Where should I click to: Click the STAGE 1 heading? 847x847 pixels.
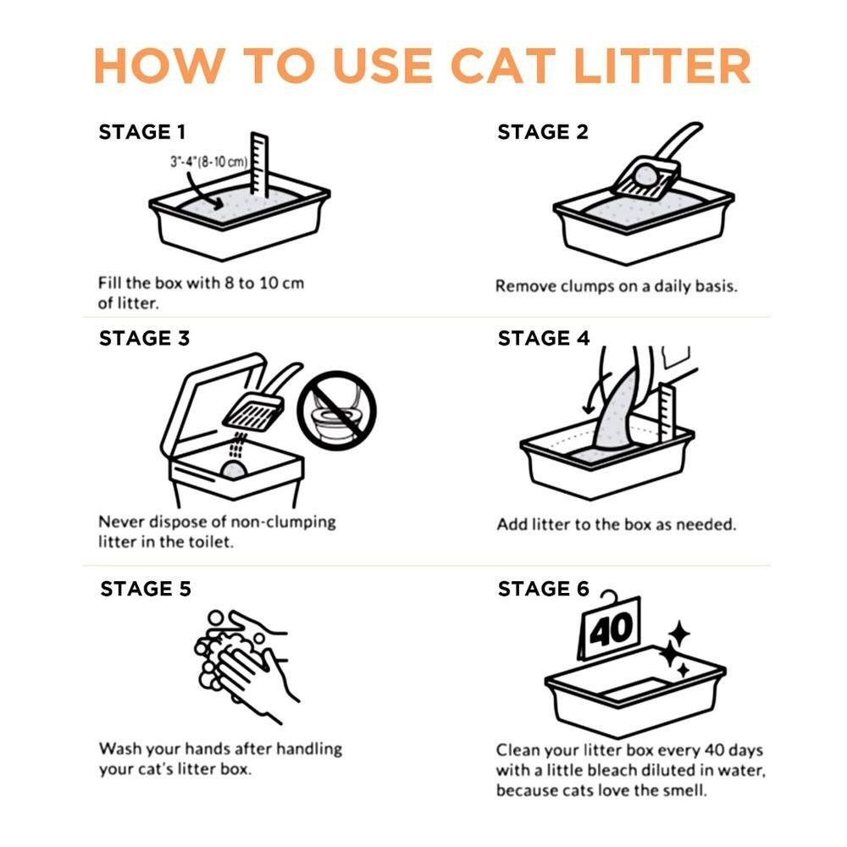(141, 132)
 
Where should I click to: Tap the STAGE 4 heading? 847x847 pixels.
(543, 338)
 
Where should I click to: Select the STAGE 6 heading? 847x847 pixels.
(543, 589)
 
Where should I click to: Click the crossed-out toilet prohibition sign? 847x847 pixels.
(336, 410)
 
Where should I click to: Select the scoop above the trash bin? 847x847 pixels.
(254, 407)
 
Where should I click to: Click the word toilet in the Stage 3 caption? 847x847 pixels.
(207, 542)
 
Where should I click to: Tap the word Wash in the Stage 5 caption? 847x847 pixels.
(119, 749)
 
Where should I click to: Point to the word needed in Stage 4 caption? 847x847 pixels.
(706, 524)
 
